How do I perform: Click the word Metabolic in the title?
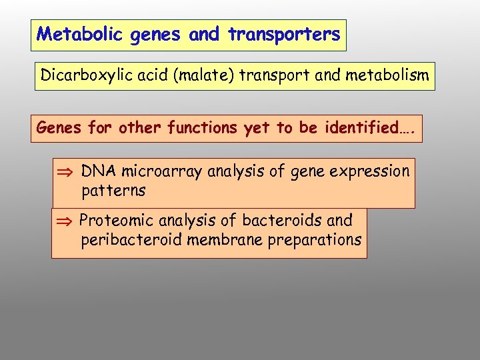[70, 35]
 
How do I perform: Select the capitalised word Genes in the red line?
[57, 127]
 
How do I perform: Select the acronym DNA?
[97, 171]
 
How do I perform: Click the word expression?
[371, 171]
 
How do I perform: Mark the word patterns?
[113, 191]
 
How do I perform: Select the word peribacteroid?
[132, 240]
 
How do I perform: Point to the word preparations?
[315, 240]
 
